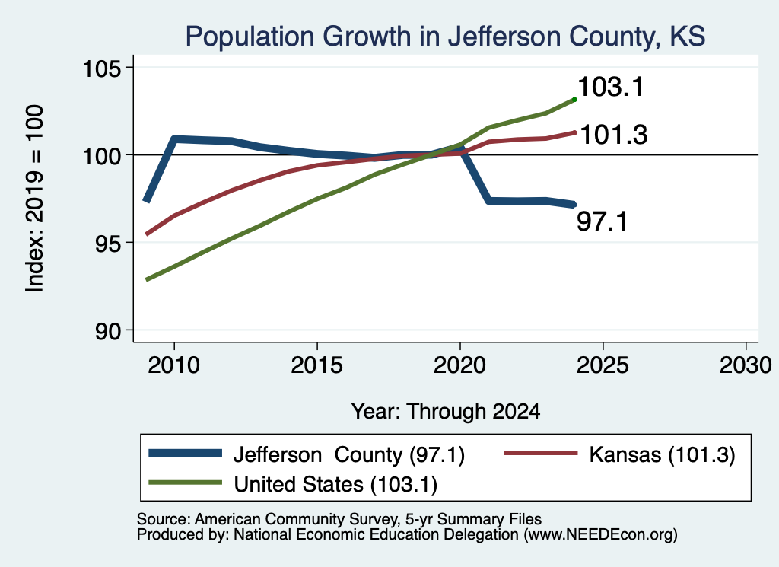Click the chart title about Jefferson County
(x=445, y=37)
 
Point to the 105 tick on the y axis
(x=102, y=68)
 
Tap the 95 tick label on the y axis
(x=108, y=243)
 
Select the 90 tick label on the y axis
(x=108, y=331)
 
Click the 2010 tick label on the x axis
(x=174, y=366)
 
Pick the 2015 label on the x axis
(x=317, y=366)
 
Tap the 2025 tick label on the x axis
(x=603, y=366)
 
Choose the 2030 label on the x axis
(x=746, y=366)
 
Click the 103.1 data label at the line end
(x=611, y=87)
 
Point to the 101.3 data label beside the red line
(x=614, y=135)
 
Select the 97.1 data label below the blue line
(x=603, y=221)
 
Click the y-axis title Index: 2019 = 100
(x=35, y=199)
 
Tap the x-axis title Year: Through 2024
(x=446, y=412)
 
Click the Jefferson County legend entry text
(x=348, y=454)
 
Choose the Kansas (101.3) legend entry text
(x=663, y=454)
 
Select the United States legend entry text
(x=335, y=485)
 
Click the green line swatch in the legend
(x=186, y=483)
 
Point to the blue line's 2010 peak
(x=174, y=139)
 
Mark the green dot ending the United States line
(x=574, y=100)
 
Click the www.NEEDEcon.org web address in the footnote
(x=599, y=535)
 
